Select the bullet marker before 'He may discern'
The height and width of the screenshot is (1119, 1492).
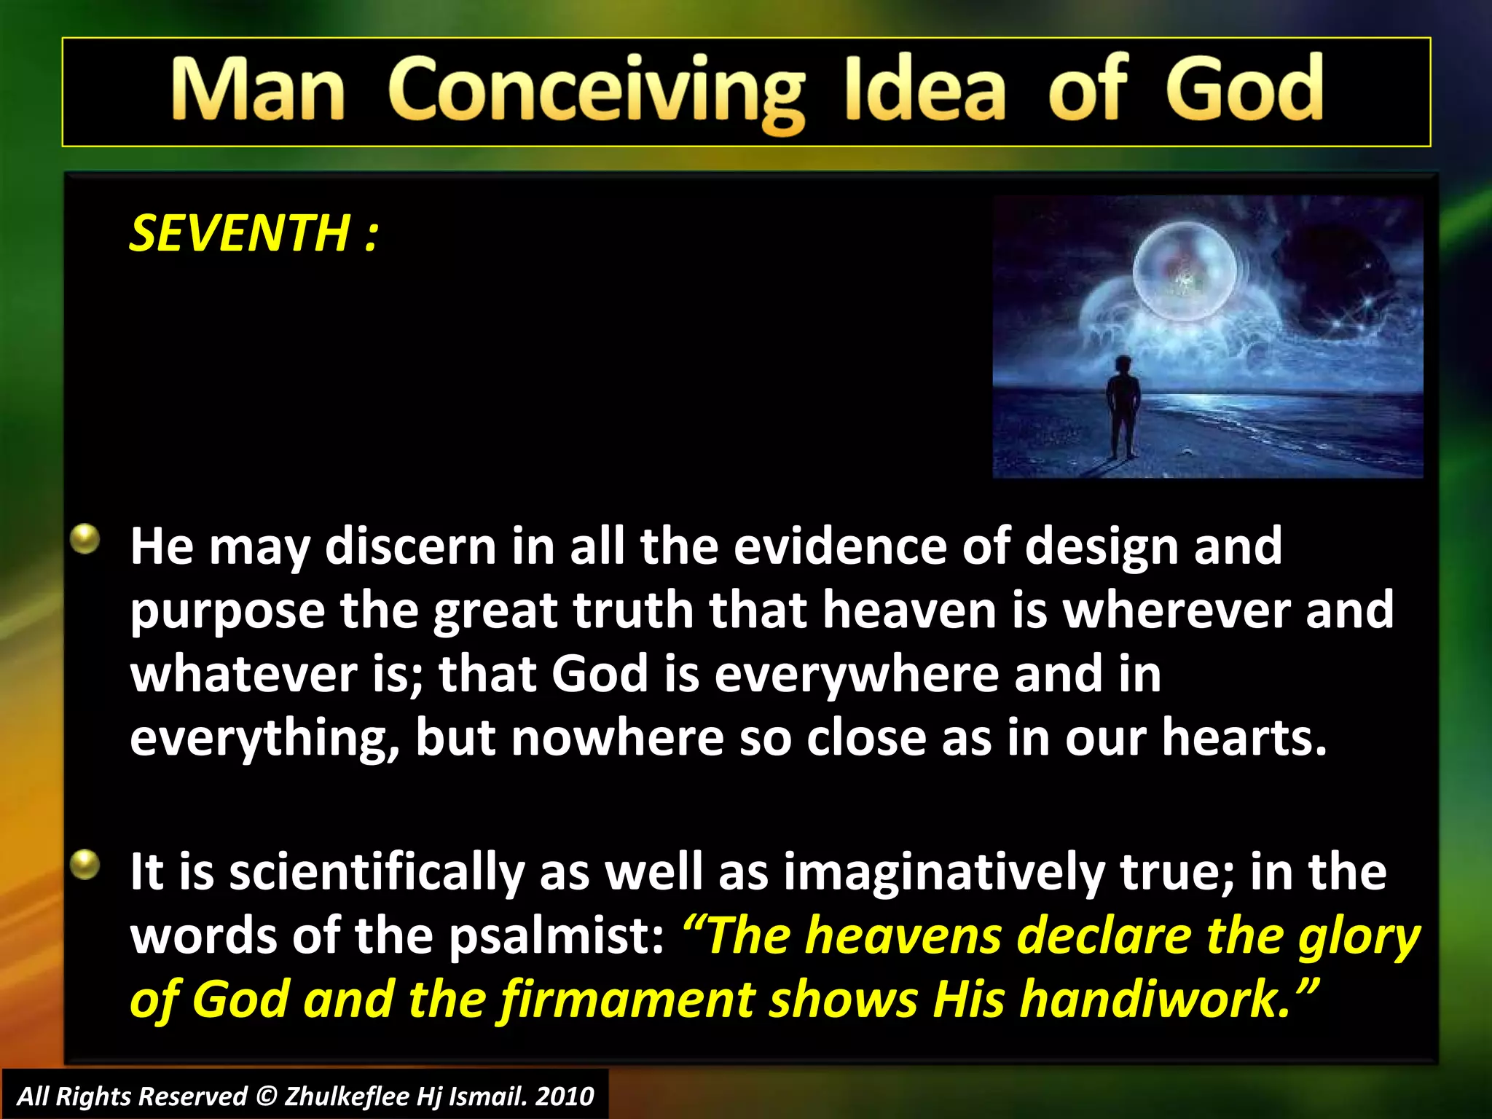click(86, 540)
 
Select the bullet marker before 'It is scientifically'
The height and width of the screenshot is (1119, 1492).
click(86, 865)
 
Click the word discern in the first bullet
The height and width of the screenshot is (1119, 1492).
click(410, 546)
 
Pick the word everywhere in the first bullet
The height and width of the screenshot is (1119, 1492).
click(857, 675)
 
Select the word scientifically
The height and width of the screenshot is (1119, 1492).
click(377, 872)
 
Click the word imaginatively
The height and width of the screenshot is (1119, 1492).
click(943, 872)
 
